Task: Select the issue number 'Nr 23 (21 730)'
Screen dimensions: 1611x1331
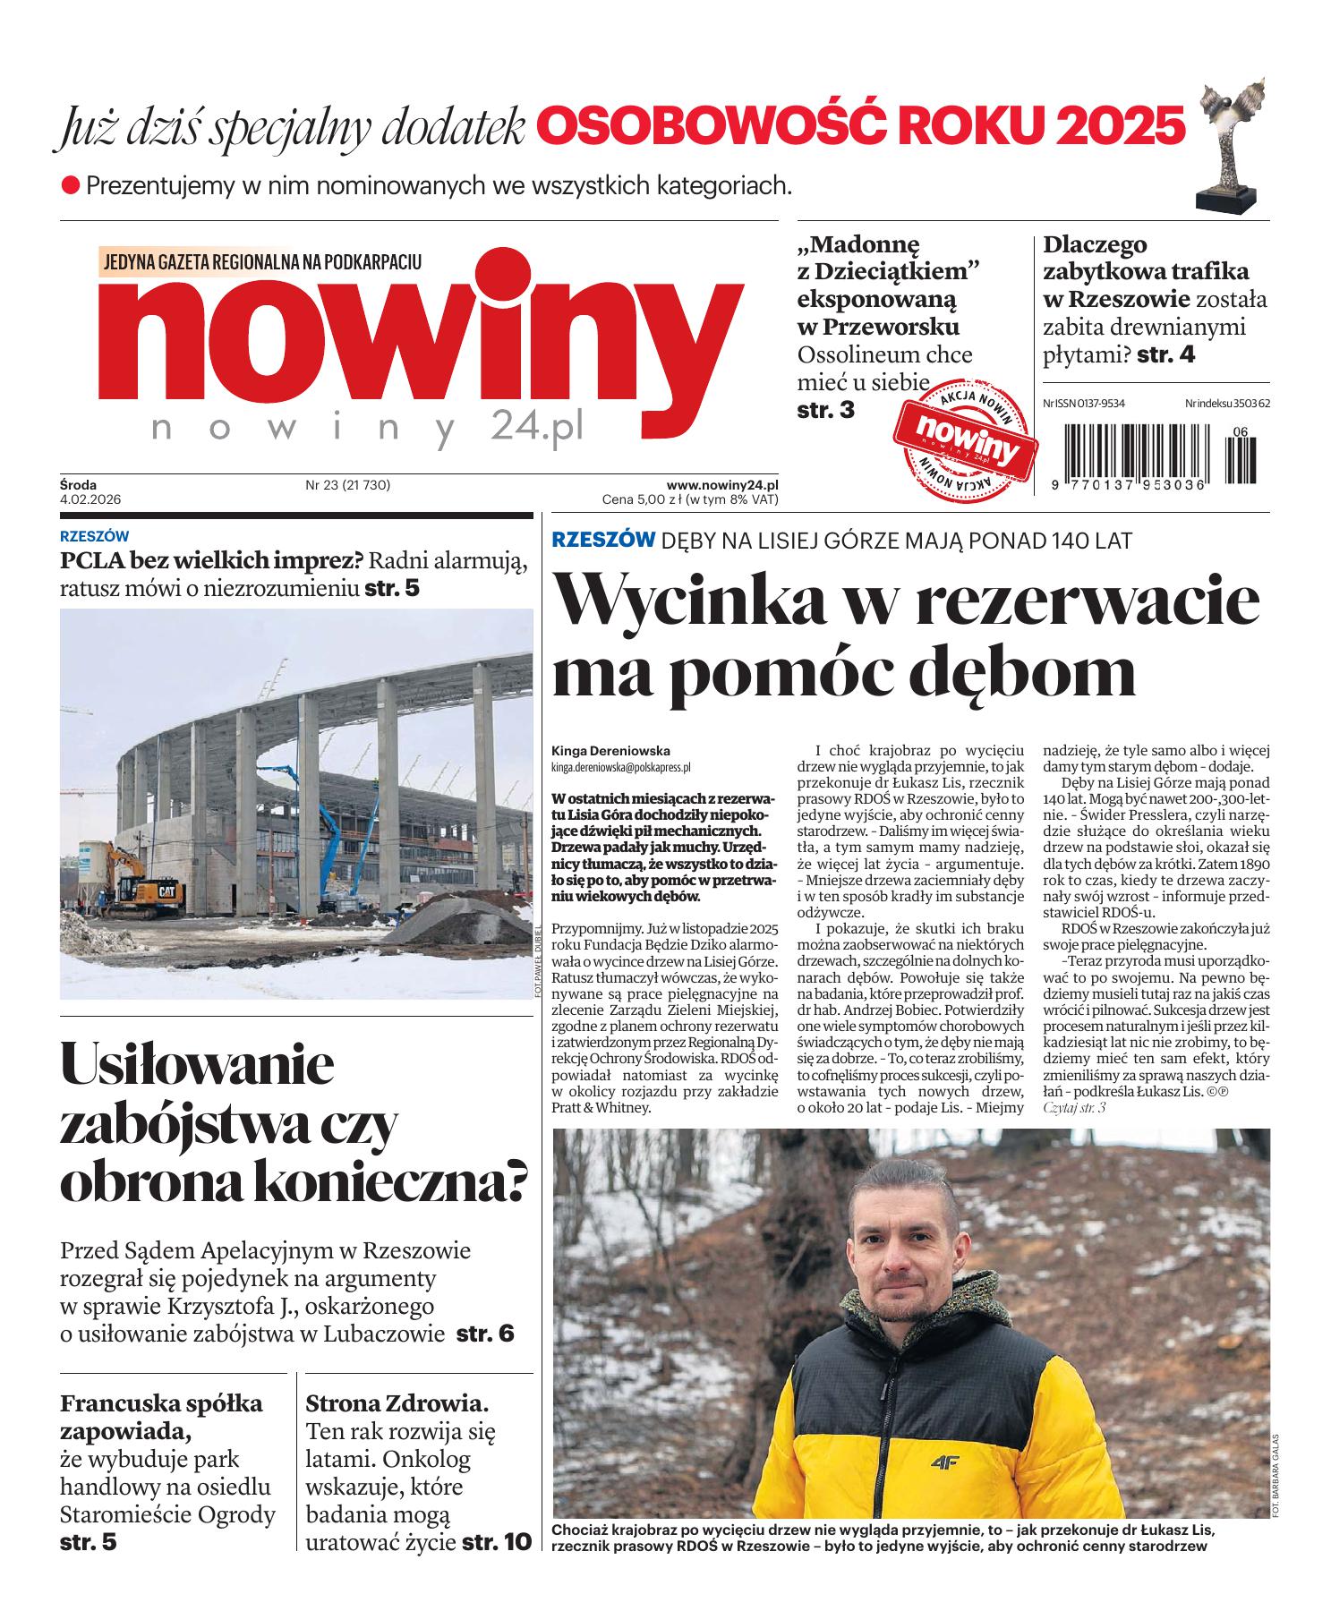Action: (x=348, y=485)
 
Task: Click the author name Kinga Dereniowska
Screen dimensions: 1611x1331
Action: (x=610, y=751)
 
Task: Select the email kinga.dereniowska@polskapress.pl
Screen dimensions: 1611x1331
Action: (x=620, y=767)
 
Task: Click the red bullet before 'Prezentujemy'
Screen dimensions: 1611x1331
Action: (x=70, y=186)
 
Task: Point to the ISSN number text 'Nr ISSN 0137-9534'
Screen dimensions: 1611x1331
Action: (x=1083, y=404)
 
